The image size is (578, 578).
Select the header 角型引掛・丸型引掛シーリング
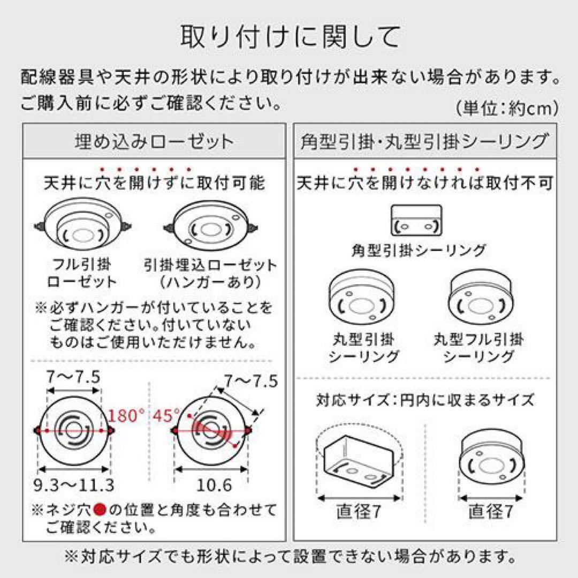[x=423, y=142]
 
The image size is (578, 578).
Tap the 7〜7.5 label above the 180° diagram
[x=73, y=378]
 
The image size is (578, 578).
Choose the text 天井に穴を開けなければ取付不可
[x=424, y=184]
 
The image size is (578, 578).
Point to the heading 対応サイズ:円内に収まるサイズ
[x=424, y=399]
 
